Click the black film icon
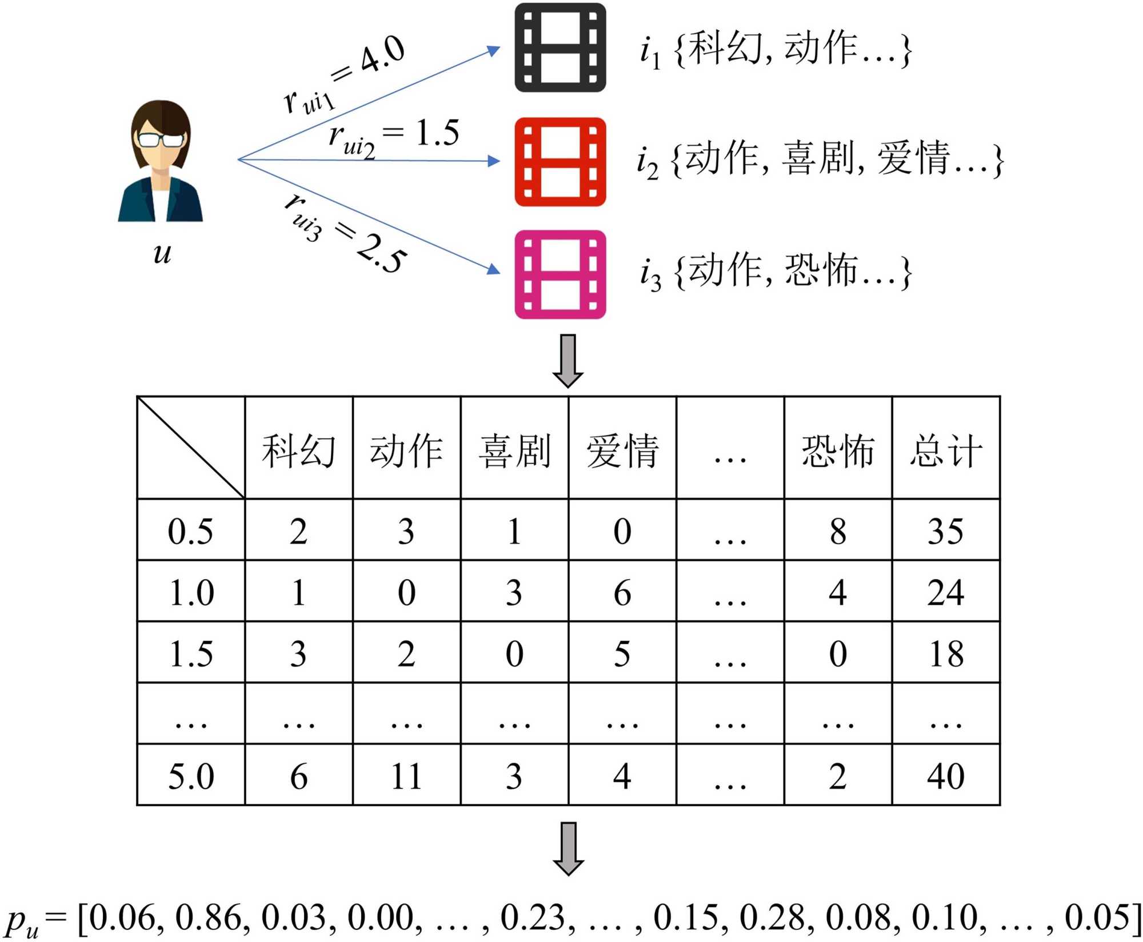coord(560,47)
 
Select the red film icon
coord(560,162)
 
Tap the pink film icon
coord(560,274)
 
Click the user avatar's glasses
coord(161,139)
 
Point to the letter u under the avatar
coord(162,253)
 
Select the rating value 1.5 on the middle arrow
coord(437,133)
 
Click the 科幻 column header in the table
coord(298,450)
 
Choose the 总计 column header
coord(946,450)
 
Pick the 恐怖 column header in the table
coord(838,450)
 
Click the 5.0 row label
coord(191,776)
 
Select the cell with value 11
coord(406,776)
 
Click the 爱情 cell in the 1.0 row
coord(622,592)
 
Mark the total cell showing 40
coord(946,776)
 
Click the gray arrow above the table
coord(568,361)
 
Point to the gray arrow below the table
coord(568,848)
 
